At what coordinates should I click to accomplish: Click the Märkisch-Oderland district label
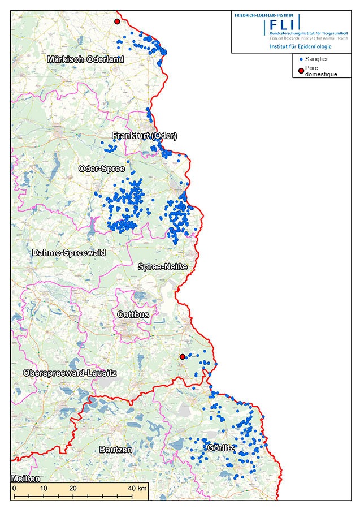click(x=85, y=59)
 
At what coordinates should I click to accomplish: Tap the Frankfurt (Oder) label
click(x=145, y=136)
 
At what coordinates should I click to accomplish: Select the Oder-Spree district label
click(x=102, y=169)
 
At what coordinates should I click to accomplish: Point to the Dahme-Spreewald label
click(x=69, y=252)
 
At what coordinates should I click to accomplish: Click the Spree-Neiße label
click(x=163, y=266)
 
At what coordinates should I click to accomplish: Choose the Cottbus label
click(x=133, y=314)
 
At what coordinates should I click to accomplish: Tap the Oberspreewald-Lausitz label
click(x=70, y=373)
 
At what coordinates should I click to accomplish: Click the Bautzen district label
click(x=115, y=450)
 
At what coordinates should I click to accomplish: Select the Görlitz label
click(x=220, y=448)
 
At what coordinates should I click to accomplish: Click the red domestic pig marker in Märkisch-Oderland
click(x=117, y=21)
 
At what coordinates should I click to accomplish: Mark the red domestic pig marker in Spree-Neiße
click(x=182, y=357)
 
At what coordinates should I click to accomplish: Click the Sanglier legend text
click(x=316, y=59)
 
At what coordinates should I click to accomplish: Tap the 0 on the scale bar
click(x=14, y=488)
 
